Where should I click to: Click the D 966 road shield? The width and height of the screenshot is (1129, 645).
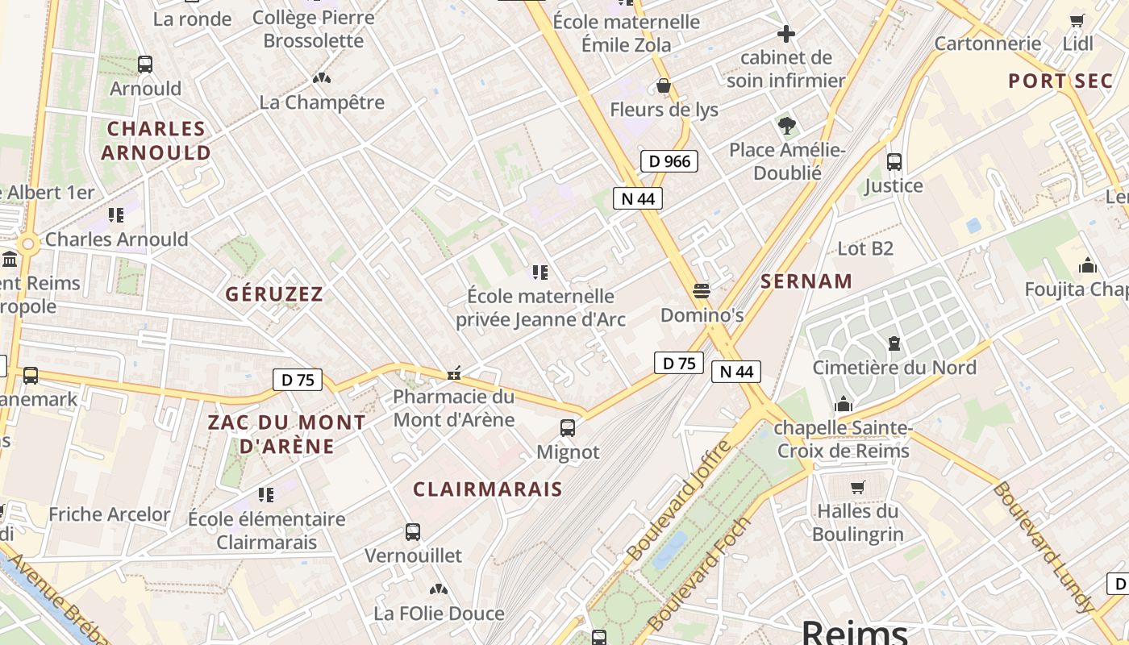(x=669, y=161)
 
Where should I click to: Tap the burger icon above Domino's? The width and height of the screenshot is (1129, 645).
(x=702, y=290)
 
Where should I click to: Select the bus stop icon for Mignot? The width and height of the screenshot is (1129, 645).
(x=568, y=428)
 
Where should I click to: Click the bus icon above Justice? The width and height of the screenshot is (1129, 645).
(x=894, y=161)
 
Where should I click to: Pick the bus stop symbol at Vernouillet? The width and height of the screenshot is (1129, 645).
(x=413, y=531)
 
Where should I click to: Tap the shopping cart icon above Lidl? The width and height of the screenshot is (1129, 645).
(x=1077, y=20)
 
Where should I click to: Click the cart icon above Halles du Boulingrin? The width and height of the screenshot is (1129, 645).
(x=857, y=487)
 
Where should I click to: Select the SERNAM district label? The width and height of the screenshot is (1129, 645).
(x=806, y=281)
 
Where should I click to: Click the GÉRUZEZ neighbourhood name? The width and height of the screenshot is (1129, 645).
(x=274, y=294)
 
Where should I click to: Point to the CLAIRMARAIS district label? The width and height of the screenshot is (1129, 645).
(x=488, y=489)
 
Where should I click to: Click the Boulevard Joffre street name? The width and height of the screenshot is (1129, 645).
(x=679, y=501)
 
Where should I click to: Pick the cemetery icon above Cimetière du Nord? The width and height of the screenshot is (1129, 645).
(x=894, y=343)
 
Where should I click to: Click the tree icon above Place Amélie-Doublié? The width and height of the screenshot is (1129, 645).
(x=787, y=126)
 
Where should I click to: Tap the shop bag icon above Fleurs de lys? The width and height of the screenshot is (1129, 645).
(x=664, y=85)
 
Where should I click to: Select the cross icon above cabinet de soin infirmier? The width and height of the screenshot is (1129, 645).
(x=785, y=34)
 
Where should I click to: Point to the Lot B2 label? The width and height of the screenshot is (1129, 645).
(x=865, y=248)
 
